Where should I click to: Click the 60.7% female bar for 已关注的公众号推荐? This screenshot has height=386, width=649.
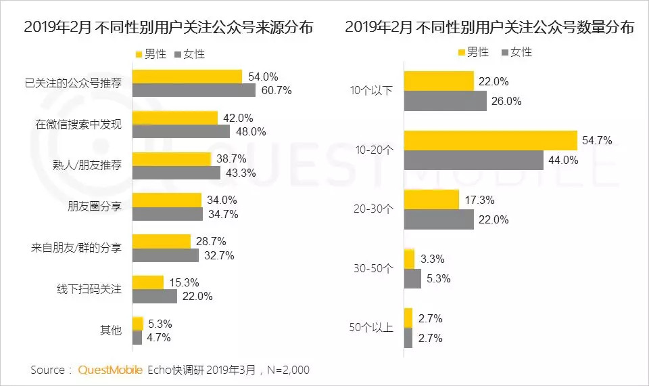point(193,90)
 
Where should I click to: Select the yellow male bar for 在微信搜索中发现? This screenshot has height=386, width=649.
point(174,118)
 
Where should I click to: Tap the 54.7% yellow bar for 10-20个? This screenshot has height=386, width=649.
point(489,141)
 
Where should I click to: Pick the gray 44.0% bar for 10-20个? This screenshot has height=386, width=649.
point(473,160)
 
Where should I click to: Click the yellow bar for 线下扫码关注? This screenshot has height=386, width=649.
point(147,282)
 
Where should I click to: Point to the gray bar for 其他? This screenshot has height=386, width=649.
point(137,337)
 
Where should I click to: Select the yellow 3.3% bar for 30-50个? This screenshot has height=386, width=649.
point(408,259)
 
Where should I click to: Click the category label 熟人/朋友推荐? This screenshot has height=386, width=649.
point(88,167)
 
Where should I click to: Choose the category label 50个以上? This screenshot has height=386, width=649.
point(370,328)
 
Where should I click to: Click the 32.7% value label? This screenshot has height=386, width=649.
point(220,255)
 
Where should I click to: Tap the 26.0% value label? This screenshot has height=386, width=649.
point(508,101)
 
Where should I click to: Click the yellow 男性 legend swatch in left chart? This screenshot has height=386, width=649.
point(140,53)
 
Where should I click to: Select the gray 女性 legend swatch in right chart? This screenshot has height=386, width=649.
point(504,52)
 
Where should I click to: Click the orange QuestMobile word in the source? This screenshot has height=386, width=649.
point(110,370)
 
